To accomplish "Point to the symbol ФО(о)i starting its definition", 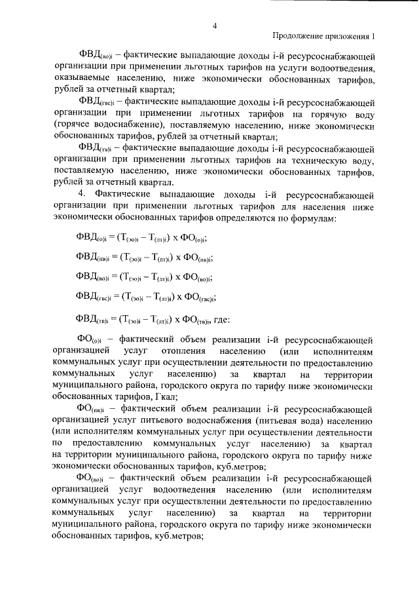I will [x=91, y=340].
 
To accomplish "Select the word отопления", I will [x=173, y=351].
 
